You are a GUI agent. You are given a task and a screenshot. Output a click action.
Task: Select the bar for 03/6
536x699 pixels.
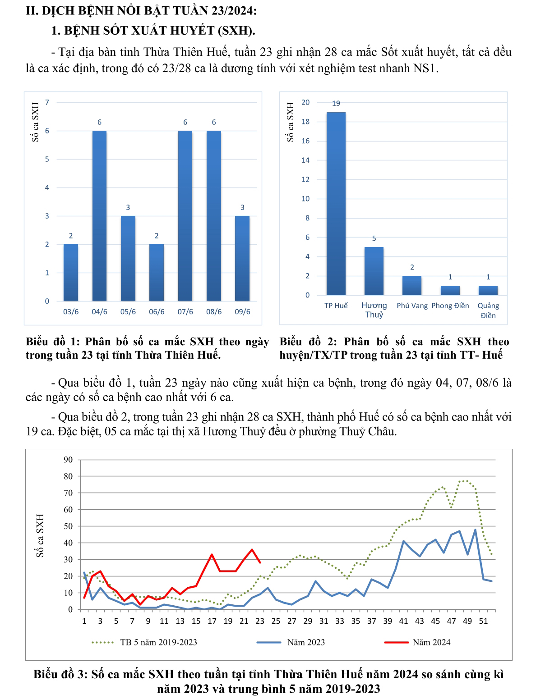pos(71,272)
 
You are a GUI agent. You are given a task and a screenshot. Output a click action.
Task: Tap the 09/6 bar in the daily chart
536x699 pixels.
pos(242,258)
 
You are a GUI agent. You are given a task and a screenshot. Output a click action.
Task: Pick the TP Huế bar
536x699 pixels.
pos(336,203)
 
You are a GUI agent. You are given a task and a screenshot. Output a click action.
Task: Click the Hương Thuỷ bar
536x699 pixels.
pos(374,271)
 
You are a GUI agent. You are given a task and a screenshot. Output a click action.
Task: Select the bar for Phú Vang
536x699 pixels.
pos(412,285)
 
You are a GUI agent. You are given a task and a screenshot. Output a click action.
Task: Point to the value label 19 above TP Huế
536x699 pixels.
pos(336,104)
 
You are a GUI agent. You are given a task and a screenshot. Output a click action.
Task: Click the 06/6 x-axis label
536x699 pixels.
pos(157,312)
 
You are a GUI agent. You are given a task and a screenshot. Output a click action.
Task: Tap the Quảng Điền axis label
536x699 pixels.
pos(488,310)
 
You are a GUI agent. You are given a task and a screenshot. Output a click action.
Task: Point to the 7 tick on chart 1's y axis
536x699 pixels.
pos(47,102)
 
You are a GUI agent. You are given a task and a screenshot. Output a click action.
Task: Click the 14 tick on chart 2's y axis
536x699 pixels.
pos(305,160)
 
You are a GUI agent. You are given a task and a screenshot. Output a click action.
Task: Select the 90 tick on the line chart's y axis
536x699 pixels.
pos(68,460)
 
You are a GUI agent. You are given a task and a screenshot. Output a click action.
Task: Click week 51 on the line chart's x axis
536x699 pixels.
pos(483,621)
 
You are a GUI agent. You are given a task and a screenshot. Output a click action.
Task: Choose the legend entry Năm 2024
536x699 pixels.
pos(431,642)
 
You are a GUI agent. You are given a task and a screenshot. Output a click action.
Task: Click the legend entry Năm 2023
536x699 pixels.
pos(306,642)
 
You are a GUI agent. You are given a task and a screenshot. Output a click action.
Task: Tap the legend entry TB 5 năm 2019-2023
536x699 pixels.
pos(158,642)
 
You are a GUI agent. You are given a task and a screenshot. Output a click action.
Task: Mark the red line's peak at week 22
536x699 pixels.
pos(252,549)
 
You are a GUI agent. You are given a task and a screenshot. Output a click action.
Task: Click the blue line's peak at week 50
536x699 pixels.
pos(475,530)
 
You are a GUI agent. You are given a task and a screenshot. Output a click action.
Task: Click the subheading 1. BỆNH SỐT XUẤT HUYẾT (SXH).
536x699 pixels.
pos(153,31)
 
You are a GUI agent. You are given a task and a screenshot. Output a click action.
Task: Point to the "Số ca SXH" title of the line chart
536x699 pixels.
pos(40,535)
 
